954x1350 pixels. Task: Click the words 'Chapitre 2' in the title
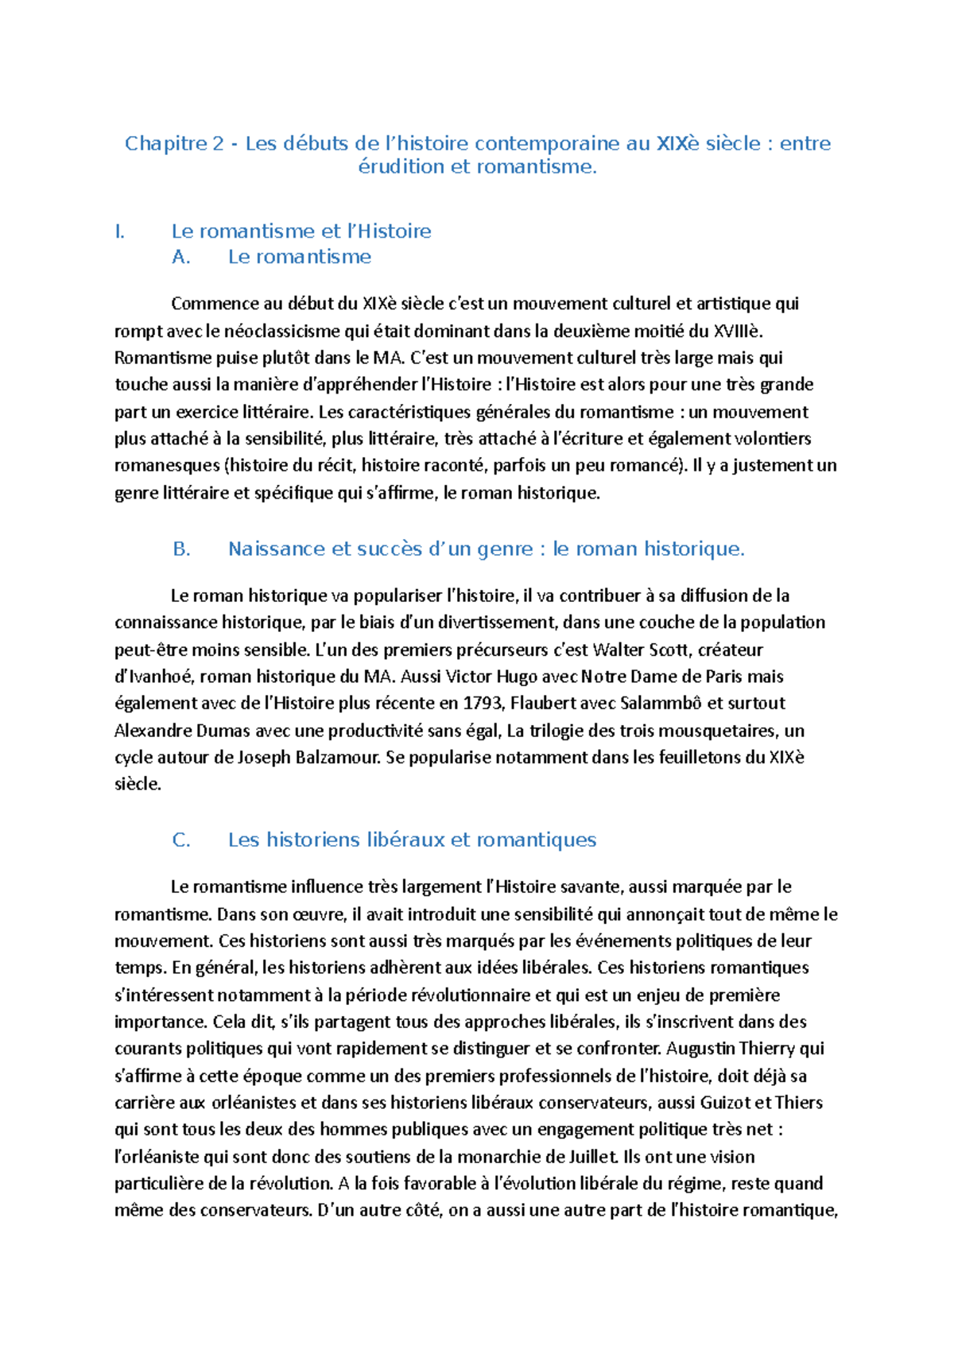(174, 144)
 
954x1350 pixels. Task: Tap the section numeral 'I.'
(120, 231)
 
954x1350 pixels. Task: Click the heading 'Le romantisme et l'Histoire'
(301, 231)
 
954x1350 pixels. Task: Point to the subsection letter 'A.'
(181, 257)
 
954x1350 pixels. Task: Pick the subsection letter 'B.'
(181, 549)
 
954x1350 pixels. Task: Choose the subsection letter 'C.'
(181, 840)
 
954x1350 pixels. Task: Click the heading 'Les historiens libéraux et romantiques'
(412, 840)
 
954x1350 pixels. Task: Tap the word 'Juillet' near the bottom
(593, 1157)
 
